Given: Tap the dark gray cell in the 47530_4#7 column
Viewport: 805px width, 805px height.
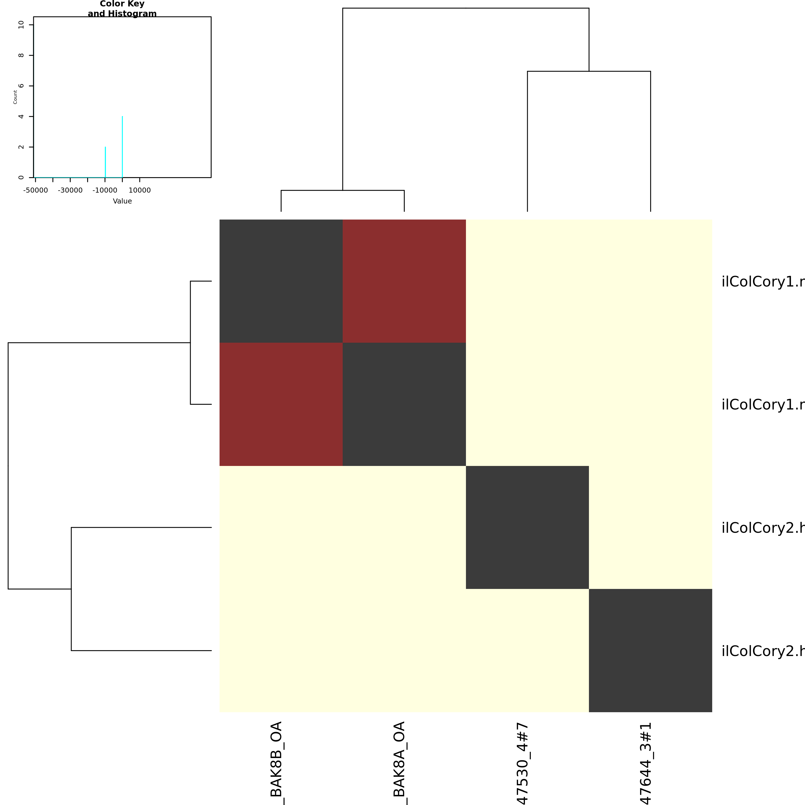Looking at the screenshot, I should coord(527,527).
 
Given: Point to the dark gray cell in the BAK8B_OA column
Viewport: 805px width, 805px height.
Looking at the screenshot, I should coord(281,281).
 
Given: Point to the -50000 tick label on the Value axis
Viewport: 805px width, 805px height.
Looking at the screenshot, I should coord(35,190).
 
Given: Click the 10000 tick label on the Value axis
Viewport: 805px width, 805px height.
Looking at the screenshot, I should coord(139,190).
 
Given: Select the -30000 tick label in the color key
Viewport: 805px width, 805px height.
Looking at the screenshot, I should coord(70,190).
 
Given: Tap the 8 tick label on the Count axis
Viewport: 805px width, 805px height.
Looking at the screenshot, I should coord(21,55).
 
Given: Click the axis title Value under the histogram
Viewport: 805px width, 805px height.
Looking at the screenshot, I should coord(122,201).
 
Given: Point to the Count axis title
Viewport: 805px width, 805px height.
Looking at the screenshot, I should coord(15,97).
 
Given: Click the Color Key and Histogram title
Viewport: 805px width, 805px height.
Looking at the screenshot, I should coord(122,9).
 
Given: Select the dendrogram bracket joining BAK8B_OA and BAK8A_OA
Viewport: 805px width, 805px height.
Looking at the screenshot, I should coord(342,190).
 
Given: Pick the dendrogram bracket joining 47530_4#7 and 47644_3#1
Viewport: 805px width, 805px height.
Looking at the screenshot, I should coord(589,71).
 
